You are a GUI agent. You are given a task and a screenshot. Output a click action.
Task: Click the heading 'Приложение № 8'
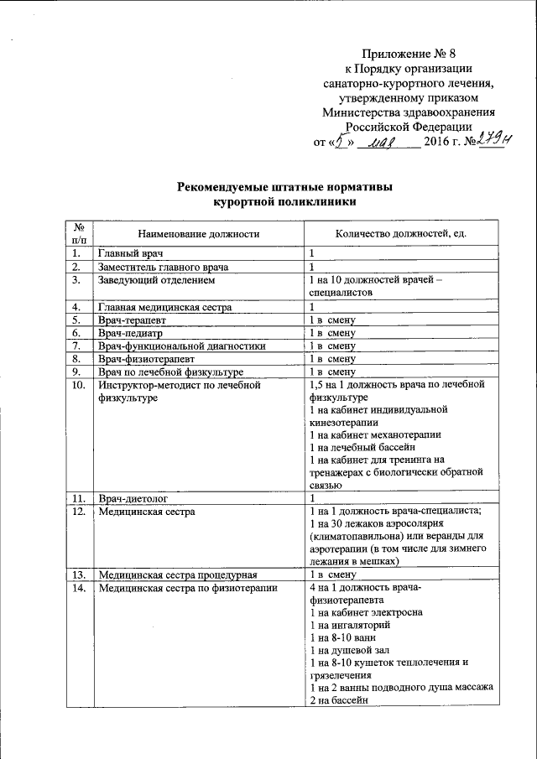click(409, 55)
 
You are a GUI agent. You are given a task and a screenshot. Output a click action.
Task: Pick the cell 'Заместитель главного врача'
click(164, 267)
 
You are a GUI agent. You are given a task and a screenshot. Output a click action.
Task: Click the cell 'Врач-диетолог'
click(130, 498)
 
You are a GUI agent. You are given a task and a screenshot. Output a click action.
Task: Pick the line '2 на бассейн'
click(339, 700)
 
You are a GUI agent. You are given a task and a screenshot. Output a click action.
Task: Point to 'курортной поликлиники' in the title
click(284, 202)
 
